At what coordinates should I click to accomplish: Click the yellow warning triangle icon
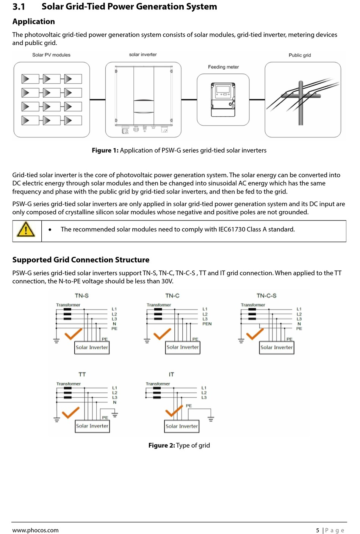26,230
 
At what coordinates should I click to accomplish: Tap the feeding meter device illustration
223,100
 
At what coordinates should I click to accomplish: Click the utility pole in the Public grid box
301,102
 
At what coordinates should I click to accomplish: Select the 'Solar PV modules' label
51,55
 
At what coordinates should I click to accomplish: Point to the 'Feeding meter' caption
223,67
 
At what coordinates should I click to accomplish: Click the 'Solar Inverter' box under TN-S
92,347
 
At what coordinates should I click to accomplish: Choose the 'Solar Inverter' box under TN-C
183,347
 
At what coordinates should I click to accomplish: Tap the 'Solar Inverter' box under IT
182,426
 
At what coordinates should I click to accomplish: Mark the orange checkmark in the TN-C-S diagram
255,334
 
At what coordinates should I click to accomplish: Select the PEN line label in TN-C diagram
207,324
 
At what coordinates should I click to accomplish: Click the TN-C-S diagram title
266,296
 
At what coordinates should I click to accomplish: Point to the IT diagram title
171,375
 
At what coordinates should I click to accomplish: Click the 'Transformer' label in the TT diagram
69,384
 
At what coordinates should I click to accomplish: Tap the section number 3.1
19,7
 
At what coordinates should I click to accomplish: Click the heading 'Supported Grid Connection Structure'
81,260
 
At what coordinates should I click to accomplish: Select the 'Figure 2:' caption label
161,445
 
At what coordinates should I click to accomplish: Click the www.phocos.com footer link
35,530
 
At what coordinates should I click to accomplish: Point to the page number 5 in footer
318,530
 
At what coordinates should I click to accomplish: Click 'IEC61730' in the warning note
233,230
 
